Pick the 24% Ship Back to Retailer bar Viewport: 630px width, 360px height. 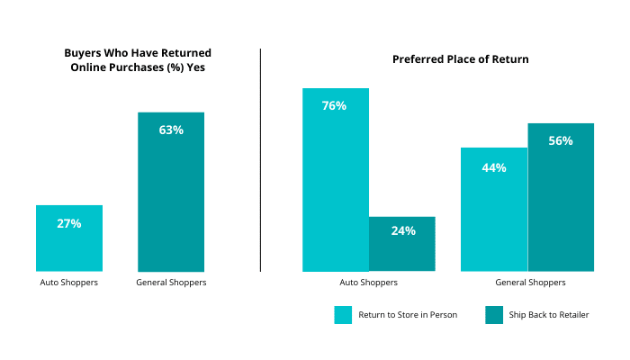click(402, 252)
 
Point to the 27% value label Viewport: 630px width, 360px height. click(69, 223)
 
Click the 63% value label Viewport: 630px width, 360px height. click(171, 130)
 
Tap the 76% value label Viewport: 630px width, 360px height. click(334, 105)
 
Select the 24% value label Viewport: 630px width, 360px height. click(403, 230)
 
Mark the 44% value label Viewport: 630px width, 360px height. click(494, 167)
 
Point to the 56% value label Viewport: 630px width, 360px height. click(561, 140)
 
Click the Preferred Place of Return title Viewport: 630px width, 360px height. click(460, 59)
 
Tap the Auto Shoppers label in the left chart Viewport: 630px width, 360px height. click(68, 283)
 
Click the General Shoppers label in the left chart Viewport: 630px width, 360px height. click(171, 283)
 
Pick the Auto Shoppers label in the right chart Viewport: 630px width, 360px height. click(368, 283)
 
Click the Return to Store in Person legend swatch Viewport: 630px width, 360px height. click(343, 315)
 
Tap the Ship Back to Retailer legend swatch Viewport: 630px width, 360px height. click(494, 315)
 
